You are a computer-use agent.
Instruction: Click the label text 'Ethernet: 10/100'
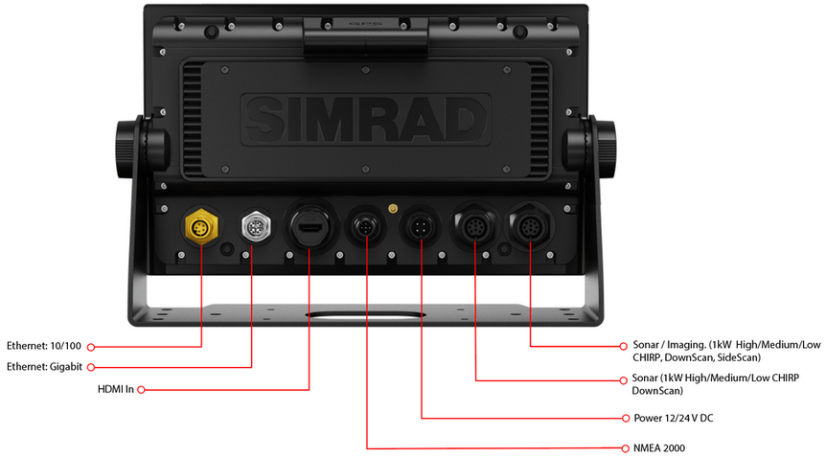click(44, 345)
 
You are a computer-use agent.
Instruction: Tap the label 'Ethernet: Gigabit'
click(44, 367)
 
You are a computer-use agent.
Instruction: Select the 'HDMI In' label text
click(117, 390)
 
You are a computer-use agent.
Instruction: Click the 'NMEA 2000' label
click(659, 447)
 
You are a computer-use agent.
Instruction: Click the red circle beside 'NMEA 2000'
click(625, 447)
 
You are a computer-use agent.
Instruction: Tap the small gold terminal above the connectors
click(393, 207)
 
